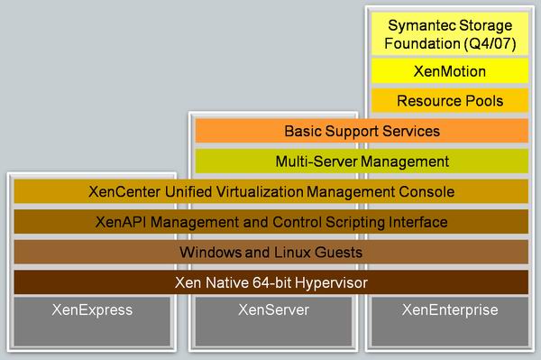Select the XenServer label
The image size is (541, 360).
[271, 310]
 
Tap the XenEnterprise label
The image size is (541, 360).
[451, 310]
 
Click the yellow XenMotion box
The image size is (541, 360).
[451, 69]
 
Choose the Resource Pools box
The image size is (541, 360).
[451, 100]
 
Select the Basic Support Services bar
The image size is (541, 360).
[362, 131]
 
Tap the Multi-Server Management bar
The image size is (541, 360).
[362, 162]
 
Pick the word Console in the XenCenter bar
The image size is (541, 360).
[429, 192]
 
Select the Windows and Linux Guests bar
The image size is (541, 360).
[271, 253]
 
